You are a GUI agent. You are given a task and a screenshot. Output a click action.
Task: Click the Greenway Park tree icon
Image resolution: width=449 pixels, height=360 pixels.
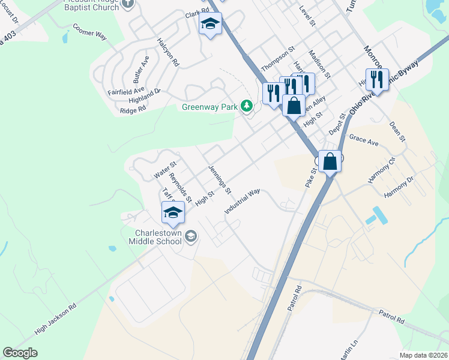[246, 107]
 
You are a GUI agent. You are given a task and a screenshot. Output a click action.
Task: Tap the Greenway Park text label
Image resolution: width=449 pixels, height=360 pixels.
[210, 107]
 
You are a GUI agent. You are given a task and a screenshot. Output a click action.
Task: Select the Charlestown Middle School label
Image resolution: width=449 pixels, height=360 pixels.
[155, 236]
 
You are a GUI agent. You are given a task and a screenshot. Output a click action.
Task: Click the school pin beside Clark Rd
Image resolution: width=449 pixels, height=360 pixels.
[210, 25]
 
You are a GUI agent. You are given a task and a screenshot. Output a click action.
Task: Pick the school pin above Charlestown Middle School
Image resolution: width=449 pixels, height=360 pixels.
[173, 213]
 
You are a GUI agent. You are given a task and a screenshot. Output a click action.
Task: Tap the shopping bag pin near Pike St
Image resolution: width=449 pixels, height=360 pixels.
[330, 161]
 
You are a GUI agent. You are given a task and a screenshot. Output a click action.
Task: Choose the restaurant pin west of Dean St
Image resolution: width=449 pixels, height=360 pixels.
[377, 79]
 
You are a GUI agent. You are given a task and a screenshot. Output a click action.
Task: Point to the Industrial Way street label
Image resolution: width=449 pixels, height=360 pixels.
[243, 202]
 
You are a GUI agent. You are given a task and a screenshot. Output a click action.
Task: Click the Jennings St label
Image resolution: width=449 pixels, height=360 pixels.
[220, 180]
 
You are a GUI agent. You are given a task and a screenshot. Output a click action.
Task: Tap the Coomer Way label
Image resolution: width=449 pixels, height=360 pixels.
[89, 31]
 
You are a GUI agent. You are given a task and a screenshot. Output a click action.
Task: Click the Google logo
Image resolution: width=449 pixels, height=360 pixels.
[20, 353]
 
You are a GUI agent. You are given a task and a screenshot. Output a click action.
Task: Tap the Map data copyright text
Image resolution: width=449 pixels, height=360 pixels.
[423, 355]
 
